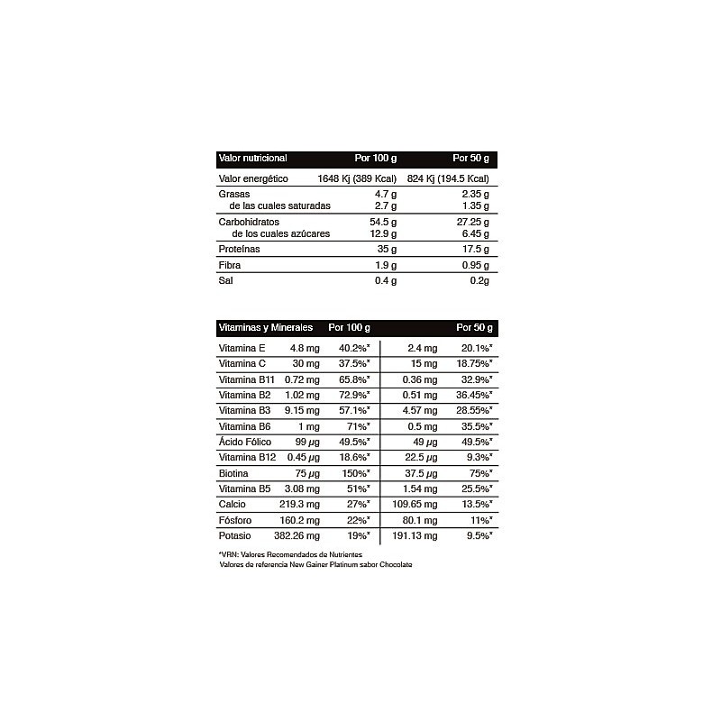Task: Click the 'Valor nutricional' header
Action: pyautogui.click(x=253, y=159)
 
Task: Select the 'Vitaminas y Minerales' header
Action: pyautogui.click(x=265, y=327)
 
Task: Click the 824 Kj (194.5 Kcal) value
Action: pyautogui.click(x=448, y=179)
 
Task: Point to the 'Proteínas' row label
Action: pyautogui.click(x=240, y=250)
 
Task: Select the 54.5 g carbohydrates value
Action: pyautogui.click(x=383, y=222)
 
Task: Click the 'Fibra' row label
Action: pyautogui.click(x=230, y=266)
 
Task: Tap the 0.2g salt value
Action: pyautogui.click(x=478, y=281)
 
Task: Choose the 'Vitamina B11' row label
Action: pyautogui.click(x=247, y=379)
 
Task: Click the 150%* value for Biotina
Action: pyautogui.click(x=354, y=473)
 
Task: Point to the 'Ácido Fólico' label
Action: pyautogui.click(x=246, y=442)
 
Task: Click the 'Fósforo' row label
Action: pyautogui.click(x=237, y=520)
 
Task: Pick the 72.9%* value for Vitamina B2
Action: pyautogui.click(x=354, y=395)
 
